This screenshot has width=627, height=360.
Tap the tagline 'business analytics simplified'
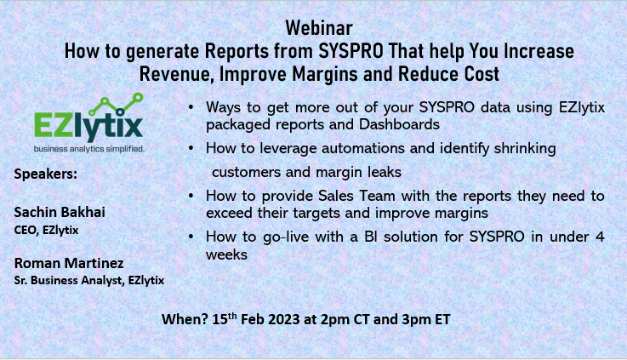point(88,148)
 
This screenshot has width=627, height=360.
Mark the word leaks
point(402,171)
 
